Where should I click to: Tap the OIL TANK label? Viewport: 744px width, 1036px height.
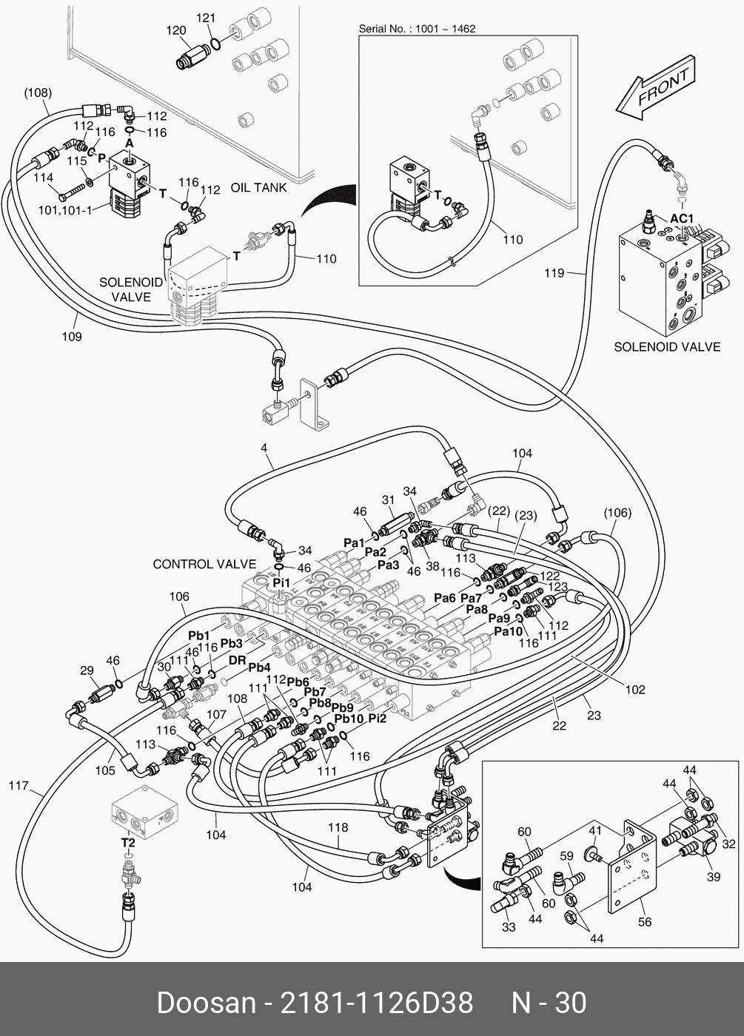click(x=258, y=188)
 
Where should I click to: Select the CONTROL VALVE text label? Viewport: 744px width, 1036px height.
click(x=204, y=564)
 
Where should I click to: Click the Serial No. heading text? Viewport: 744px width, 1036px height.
click(x=417, y=29)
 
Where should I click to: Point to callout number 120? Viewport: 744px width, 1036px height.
click(x=175, y=30)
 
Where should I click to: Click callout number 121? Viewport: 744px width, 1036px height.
click(x=205, y=17)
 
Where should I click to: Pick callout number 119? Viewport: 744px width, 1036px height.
click(x=554, y=273)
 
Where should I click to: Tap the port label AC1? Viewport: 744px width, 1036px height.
click(x=682, y=218)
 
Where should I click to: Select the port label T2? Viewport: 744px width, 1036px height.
click(x=128, y=842)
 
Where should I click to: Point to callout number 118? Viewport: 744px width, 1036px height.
click(x=338, y=827)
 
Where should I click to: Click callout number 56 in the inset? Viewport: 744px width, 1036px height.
click(x=645, y=922)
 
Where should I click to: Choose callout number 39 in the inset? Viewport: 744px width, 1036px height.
click(x=714, y=877)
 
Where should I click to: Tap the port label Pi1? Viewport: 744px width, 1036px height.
click(x=281, y=582)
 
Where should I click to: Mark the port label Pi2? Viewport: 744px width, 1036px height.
click(x=378, y=718)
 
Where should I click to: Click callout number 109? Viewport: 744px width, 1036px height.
click(x=72, y=337)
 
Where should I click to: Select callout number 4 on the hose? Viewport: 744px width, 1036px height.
click(x=263, y=448)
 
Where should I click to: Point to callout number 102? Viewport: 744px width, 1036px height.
click(x=635, y=690)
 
